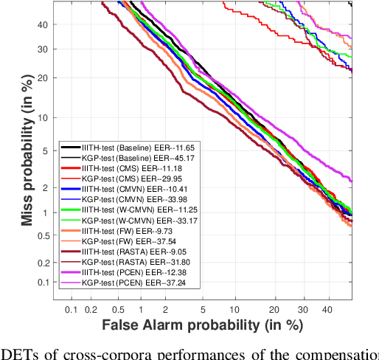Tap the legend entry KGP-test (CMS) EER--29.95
(x=133, y=179)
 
